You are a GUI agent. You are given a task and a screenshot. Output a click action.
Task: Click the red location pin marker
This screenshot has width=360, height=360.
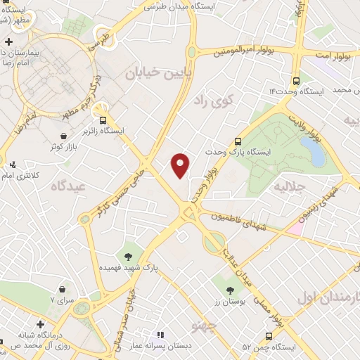point(181,165)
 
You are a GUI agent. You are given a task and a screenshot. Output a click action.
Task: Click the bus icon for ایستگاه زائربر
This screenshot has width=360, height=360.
point(103,119)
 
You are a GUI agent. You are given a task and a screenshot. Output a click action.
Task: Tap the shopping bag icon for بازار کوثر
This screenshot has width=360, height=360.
point(64,135)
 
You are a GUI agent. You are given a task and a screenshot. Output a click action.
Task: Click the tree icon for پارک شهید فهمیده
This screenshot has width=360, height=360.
point(128,256)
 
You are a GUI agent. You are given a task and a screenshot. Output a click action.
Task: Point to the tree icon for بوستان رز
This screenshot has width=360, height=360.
point(230,289)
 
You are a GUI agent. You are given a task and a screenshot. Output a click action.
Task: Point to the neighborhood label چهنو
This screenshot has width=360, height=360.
point(203,326)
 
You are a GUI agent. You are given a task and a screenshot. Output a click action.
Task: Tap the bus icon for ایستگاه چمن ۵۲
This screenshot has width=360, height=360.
point(268,336)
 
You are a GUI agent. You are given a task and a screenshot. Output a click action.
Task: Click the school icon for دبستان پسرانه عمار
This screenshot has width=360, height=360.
point(160,335)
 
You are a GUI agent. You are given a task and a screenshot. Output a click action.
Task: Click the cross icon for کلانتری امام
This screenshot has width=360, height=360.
point(13,165)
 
